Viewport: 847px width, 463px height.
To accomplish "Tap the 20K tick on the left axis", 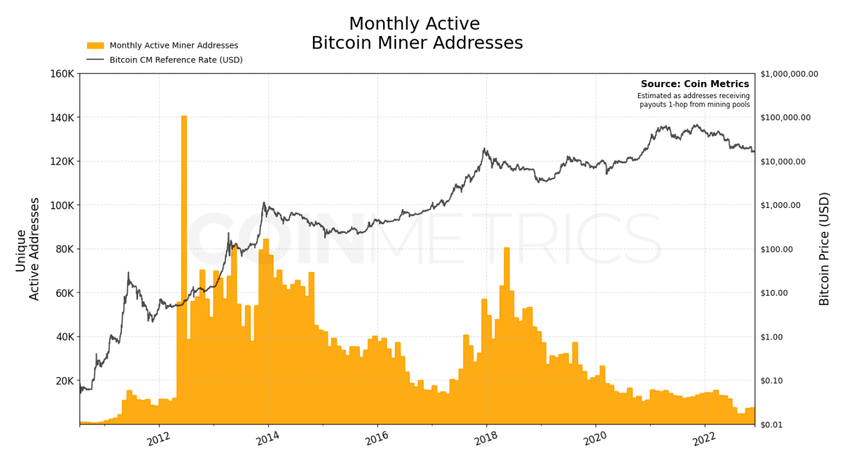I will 65,381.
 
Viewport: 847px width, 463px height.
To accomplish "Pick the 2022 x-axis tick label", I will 704,439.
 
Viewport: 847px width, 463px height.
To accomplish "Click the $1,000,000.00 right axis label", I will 789,74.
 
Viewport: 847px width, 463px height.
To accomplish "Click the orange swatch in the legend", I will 95,46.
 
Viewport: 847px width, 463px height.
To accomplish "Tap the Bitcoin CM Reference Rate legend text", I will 176,60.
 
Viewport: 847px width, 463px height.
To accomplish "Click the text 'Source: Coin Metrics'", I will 695,84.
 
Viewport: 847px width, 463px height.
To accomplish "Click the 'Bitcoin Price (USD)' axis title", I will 824,249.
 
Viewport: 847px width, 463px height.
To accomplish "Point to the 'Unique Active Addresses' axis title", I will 28,249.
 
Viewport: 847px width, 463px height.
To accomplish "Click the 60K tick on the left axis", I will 65,293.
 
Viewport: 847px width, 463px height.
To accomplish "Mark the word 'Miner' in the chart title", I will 415,43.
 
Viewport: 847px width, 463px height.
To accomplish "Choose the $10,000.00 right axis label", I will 783,161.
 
